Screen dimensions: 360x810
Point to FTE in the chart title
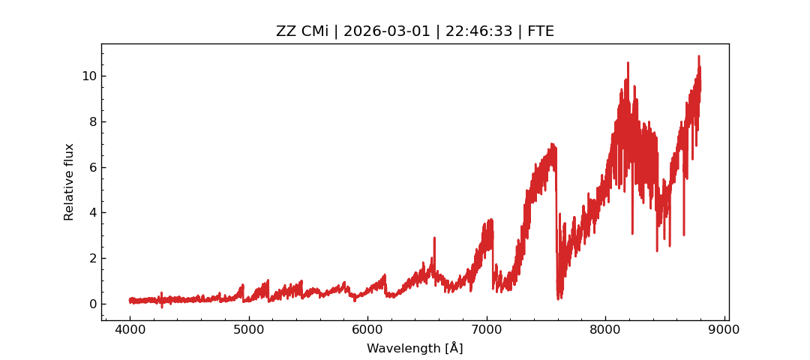pyautogui.click(x=539, y=31)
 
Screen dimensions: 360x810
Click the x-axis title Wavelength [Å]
pyautogui.click(x=415, y=349)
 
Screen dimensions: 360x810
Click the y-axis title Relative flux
pyautogui.click(x=70, y=181)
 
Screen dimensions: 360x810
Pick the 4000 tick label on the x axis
pyautogui.click(x=130, y=328)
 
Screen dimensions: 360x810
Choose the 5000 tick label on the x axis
pyautogui.click(x=249, y=328)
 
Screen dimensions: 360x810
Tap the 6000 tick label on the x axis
pyautogui.click(x=367, y=328)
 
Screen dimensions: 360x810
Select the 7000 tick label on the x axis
pyautogui.click(x=487, y=328)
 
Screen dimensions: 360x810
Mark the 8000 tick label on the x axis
pyautogui.click(x=606, y=328)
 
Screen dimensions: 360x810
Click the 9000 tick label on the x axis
pyautogui.click(x=724, y=328)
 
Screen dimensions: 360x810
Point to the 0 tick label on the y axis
pyautogui.click(x=92, y=304)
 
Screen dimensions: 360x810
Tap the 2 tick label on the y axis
pyautogui.click(x=92, y=258)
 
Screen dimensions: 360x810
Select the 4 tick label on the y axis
pyautogui.click(x=92, y=212)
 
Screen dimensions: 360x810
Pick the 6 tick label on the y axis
pyautogui.click(x=92, y=167)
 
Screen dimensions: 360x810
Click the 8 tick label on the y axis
pyautogui.click(x=92, y=121)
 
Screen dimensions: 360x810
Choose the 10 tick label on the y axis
pyautogui.click(x=89, y=76)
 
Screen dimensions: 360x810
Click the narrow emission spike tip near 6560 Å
pyautogui.click(x=434, y=238)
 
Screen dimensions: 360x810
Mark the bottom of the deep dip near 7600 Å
pyautogui.click(x=559, y=299)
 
